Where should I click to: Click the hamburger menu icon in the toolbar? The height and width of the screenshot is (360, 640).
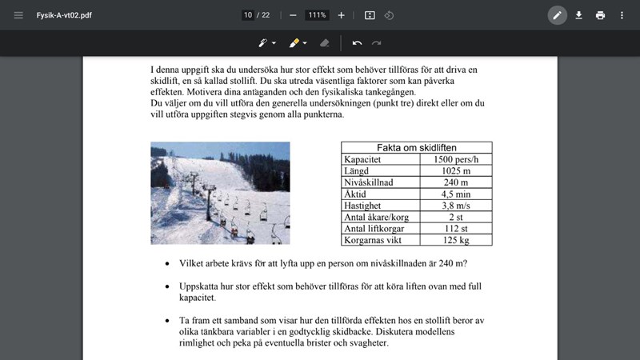tap(18, 15)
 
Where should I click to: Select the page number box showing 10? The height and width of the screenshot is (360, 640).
tap(248, 15)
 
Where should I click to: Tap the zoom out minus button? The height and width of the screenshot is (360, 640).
tap(293, 15)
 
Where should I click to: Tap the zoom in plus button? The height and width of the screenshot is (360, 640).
tap(342, 15)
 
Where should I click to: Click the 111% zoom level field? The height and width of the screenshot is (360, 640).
tap(317, 15)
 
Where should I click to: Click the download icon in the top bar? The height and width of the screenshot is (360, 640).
tap(578, 15)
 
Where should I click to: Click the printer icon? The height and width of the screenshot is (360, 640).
tap(600, 15)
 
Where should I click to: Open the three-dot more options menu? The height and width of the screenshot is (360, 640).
tap(622, 15)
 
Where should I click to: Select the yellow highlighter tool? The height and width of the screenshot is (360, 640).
tap(294, 42)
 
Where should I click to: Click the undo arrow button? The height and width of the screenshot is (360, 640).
tap(357, 42)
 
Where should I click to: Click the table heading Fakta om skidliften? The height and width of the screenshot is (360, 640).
tap(416, 148)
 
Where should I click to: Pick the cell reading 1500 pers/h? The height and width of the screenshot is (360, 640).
tap(455, 159)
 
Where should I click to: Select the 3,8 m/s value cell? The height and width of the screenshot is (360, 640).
tap(455, 205)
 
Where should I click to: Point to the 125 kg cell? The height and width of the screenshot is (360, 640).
tap(455, 239)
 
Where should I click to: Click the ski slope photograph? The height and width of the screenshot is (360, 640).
tap(220, 193)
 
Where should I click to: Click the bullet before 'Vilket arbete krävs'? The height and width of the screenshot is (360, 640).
tap(166, 263)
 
